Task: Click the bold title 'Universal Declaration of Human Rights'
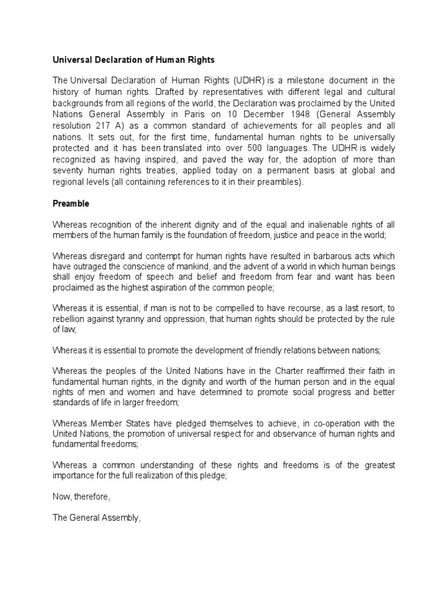pos(134,60)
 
